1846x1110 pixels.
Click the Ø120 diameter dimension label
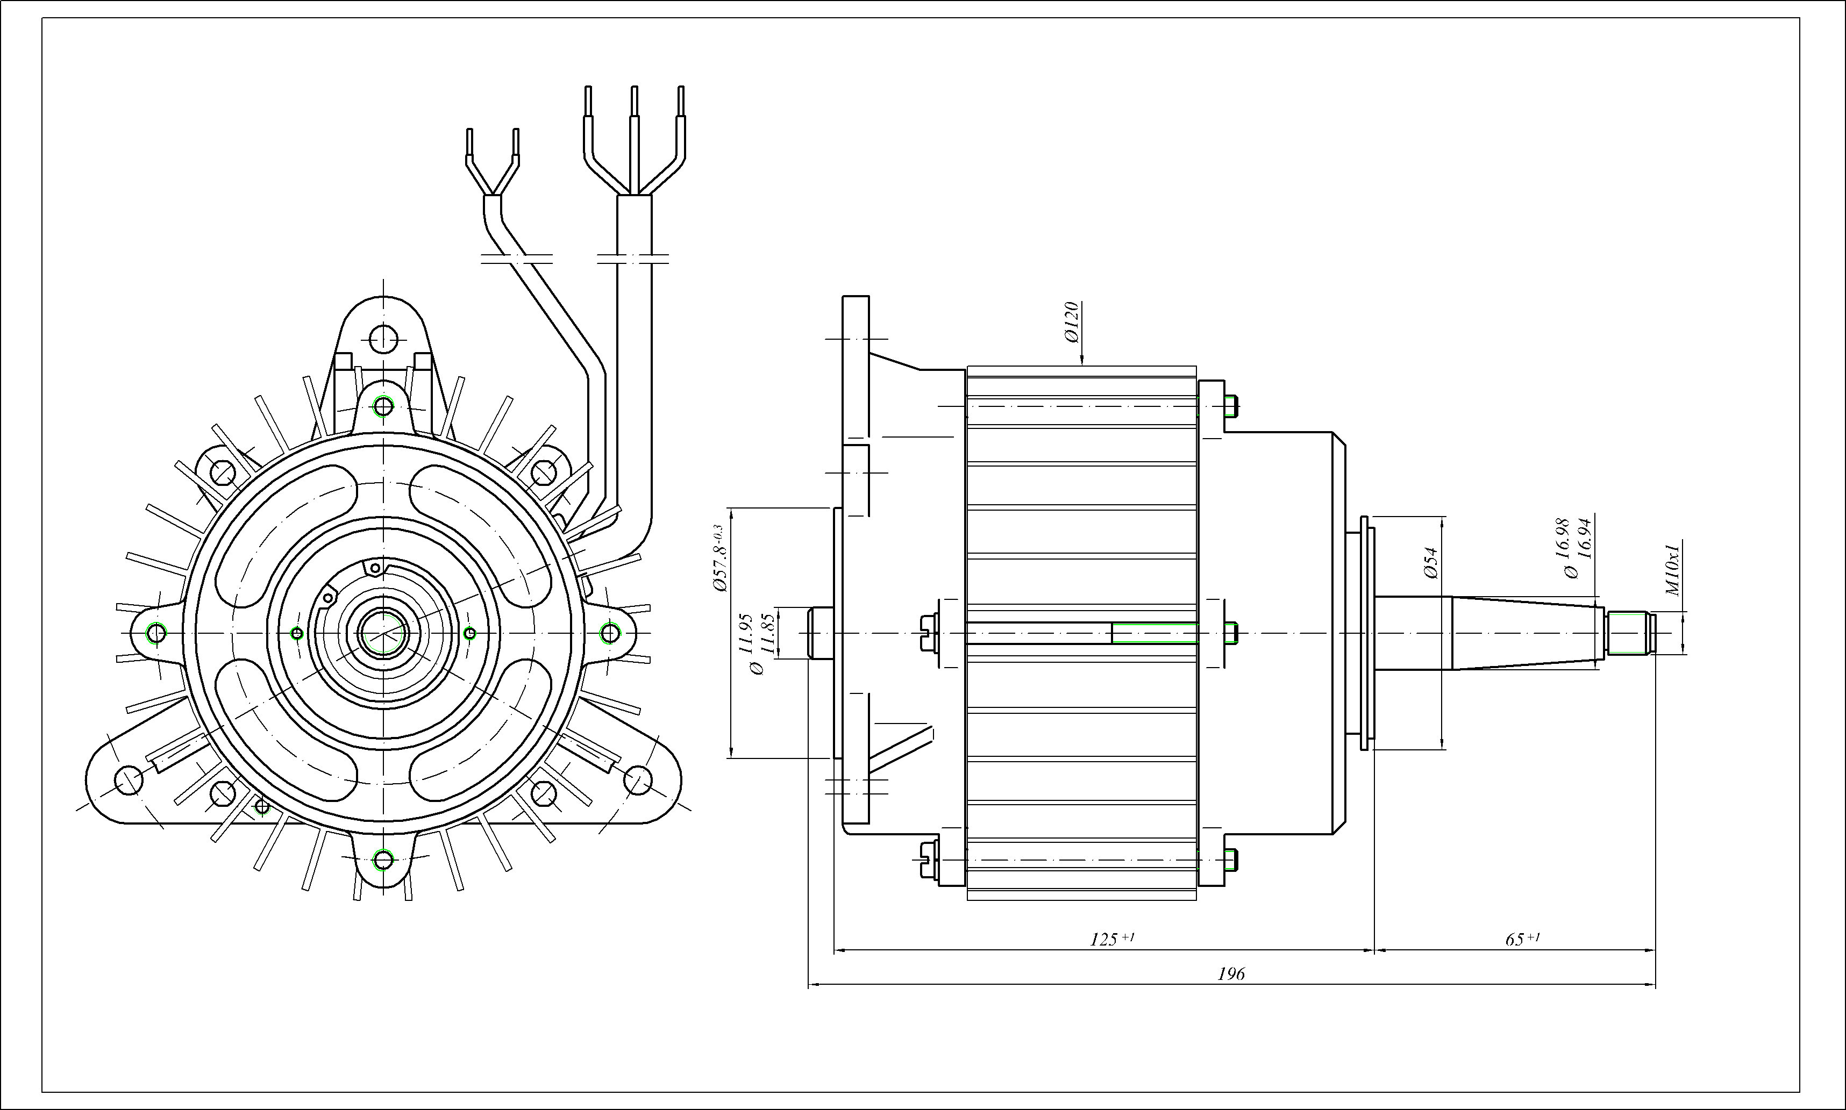click(x=1072, y=323)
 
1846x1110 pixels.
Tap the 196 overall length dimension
click(x=1231, y=974)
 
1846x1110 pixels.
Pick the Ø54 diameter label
click(x=1431, y=563)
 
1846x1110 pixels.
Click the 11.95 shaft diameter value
click(x=745, y=634)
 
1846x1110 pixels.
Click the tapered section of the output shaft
click(x=1527, y=633)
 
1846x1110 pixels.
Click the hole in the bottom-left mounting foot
click(x=129, y=780)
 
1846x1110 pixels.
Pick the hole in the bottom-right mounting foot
click(x=638, y=780)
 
